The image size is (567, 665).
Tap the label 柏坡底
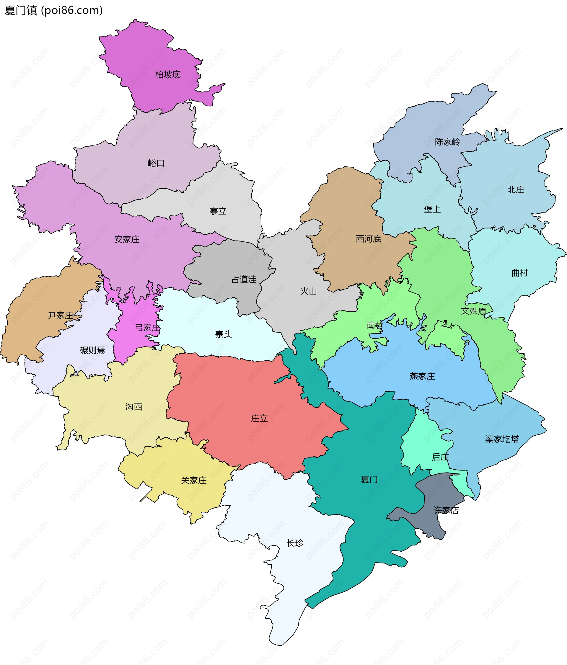click(168, 75)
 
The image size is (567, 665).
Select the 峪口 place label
click(156, 163)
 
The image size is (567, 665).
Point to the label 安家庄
click(127, 239)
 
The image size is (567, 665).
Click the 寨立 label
click(218, 211)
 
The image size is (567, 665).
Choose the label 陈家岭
click(447, 142)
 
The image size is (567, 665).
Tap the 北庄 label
click(516, 190)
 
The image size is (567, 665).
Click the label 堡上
click(432, 209)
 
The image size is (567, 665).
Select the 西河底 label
click(368, 239)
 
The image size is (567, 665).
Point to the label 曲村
click(519, 273)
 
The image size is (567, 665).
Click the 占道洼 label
click(244, 280)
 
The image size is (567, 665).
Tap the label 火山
click(309, 291)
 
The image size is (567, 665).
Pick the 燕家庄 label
click(422, 376)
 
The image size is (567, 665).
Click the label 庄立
click(259, 418)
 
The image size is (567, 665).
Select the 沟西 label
click(133, 407)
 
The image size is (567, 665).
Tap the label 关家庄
click(194, 480)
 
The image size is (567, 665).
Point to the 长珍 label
click(295, 543)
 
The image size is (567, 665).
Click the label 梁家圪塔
click(502, 439)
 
